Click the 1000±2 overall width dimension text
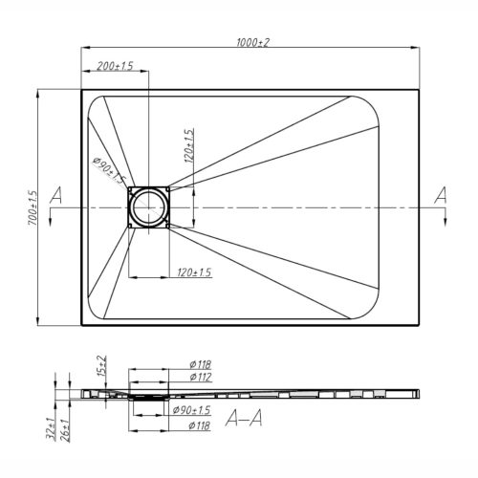click(252, 42)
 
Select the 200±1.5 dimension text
click(115, 66)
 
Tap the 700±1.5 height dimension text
click(33, 208)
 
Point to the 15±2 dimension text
click(102, 366)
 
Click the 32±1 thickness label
click(51, 428)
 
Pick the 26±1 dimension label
click(65, 429)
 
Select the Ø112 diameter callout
click(201, 377)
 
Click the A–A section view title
click(244, 418)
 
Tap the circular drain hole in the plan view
click(149, 207)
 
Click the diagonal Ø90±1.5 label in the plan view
click(108, 170)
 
